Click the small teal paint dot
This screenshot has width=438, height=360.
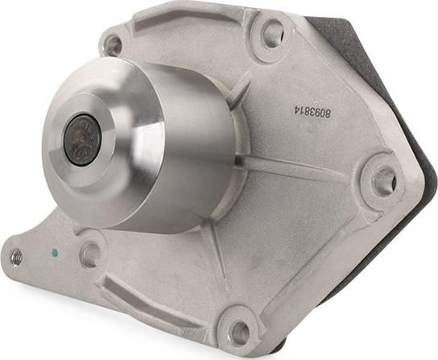click(55, 253)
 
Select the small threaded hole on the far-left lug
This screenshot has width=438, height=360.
click(16, 257)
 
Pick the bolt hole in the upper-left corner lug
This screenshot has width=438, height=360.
click(114, 45)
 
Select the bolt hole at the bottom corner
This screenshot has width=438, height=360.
click(239, 332)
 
